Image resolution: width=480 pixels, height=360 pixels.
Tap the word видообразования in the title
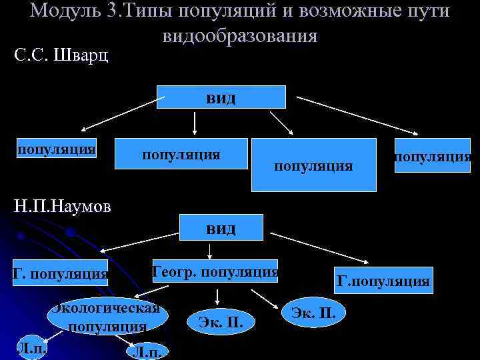point(239,35)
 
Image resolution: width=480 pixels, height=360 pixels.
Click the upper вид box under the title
point(221,97)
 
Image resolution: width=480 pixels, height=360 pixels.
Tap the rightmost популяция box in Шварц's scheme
point(432,155)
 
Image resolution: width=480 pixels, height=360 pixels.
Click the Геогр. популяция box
point(215,271)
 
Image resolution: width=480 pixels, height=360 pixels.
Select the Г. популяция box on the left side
point(60,273)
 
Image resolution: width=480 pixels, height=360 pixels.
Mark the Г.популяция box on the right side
point(383,281)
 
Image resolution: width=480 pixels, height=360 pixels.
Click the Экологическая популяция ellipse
point(107,317)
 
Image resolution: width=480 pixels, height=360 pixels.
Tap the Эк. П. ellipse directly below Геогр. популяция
point(216,323)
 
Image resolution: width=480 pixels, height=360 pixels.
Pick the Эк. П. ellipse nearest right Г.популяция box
point(313,312)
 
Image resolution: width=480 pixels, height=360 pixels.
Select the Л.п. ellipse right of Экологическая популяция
point(146,350)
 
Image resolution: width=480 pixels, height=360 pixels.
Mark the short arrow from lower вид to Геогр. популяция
point(210,250)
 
